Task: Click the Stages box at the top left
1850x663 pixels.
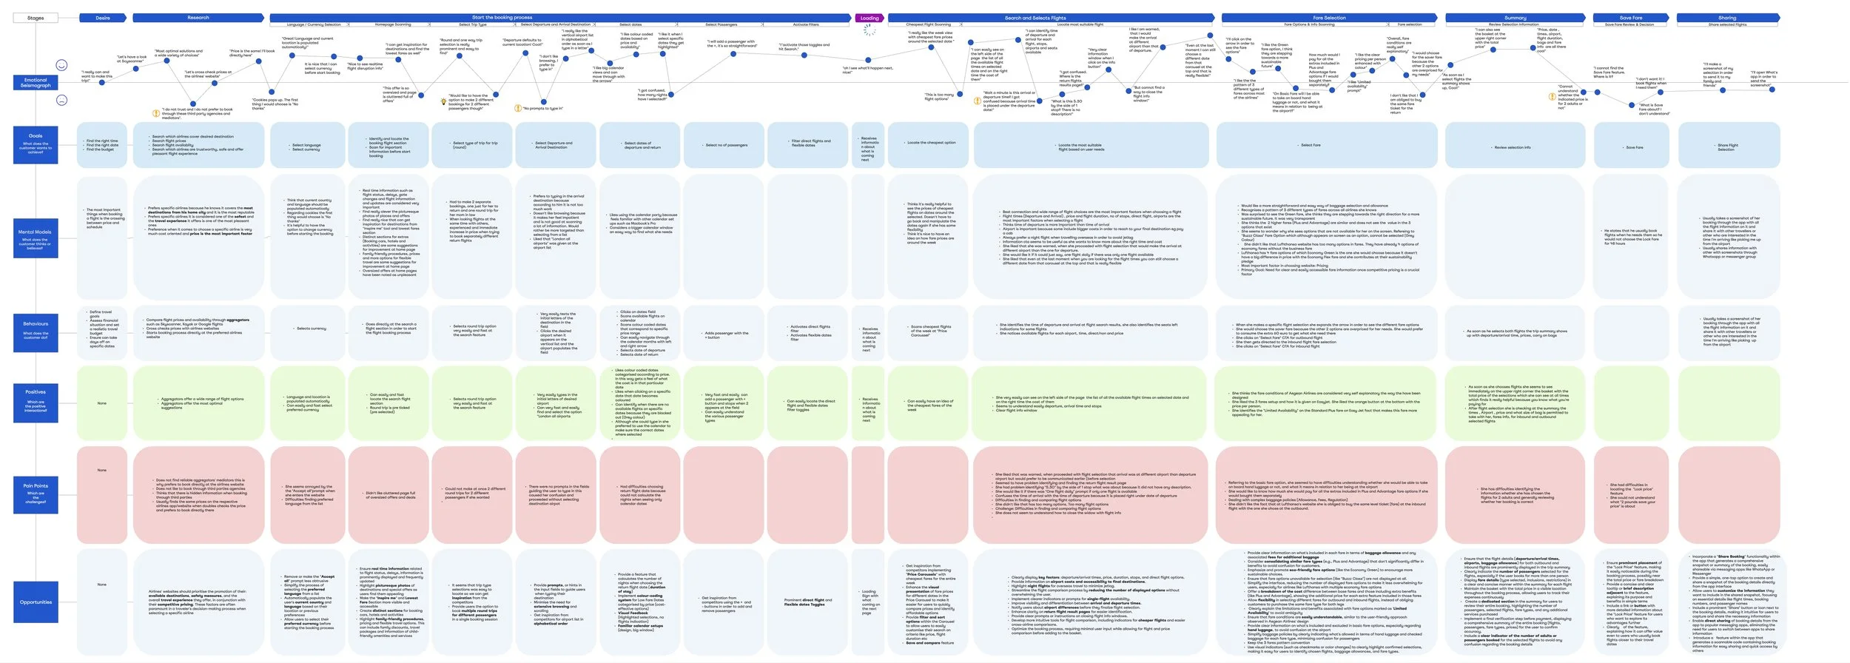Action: (x=36, y=18)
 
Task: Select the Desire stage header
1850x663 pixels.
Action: (x=103, y=18)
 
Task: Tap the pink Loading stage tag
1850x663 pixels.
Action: (x=869, y=18)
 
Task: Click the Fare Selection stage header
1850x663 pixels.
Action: (x=1329, y=18)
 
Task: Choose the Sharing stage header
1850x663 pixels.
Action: (x=1726, y=18)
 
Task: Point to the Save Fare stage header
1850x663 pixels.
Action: (x=1630, y=18)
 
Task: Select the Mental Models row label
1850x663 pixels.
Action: (x=36, y=235)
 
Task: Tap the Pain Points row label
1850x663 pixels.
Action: (x=36, y=489)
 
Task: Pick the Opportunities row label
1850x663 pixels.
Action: (x=36, y=602)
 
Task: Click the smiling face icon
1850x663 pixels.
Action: (x=62, y=65)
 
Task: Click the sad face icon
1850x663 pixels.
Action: (x=62, y=100)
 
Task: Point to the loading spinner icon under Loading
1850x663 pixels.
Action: (x=869, y=31)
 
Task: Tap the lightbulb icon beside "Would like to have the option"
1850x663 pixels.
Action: (x=444, y=101)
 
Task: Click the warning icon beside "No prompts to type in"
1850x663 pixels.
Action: (x=518, y=108)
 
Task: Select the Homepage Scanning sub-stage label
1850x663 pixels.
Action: (x=393, y=24)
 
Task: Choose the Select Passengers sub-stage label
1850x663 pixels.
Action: (x=721, y=24)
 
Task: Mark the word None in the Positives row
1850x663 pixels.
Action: (x=102, y=403)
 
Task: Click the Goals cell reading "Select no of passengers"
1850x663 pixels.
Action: (x=726, y=145)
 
